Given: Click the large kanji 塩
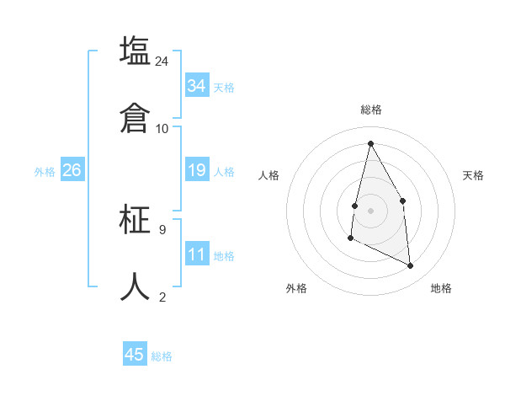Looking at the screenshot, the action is click(135, 50).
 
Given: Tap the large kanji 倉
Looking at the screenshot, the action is click(135, 117).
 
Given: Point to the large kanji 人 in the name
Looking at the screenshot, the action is click(135, 286).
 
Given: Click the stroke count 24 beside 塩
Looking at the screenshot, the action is click(162, 61).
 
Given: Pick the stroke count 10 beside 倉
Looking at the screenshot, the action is click(162, 128).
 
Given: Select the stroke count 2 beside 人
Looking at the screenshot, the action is click(162, 297).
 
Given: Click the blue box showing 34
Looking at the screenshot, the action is click(197, 85).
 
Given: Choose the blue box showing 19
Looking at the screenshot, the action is click(197, 170).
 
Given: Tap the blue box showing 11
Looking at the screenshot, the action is click(197, 254).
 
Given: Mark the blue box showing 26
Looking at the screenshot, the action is click(72, 170).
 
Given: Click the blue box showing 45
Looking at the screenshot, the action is click(135, 355).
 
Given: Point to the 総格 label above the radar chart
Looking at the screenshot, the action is click(371, 110).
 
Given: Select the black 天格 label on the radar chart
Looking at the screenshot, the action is click(474, 175).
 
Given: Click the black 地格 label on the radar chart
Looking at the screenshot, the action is click(441, 288).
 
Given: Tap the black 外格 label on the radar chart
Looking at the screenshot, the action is click(296, 288).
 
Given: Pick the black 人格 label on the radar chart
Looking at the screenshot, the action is click(268, 175).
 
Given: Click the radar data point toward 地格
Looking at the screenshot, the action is click(411, 265).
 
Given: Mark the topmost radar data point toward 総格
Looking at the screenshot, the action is click(370, 143).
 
